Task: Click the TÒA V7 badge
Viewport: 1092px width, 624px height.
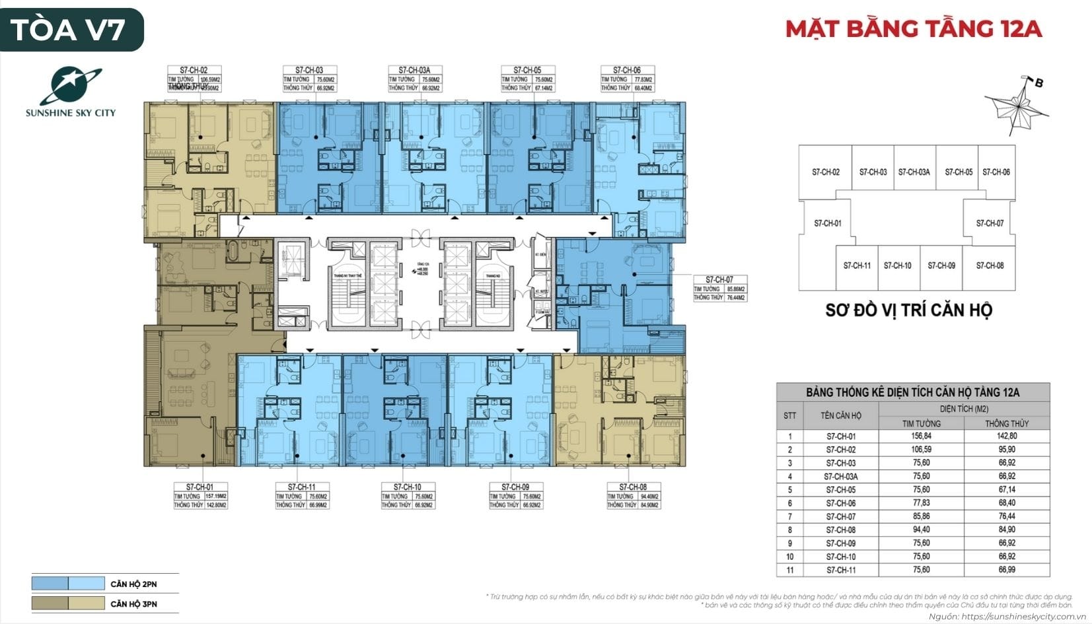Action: [x=71, y=30]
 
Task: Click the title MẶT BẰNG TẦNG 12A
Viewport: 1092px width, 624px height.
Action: [x=914, y=29]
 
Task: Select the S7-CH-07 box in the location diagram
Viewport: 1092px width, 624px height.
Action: [x=989, y=223]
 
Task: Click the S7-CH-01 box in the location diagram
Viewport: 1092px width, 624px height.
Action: [x=827, y=223]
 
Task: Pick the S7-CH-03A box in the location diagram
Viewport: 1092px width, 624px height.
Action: [x=914, y=172]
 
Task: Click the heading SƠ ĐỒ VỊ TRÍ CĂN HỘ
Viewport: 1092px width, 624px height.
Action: [x=908, y=310]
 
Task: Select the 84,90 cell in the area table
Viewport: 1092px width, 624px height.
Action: [x=1006, y=530]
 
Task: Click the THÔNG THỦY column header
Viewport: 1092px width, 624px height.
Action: [x=1006, y=423]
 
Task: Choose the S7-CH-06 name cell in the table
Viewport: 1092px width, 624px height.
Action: [x=840, y=503]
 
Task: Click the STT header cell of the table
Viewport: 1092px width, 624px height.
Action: [x=789, y=416]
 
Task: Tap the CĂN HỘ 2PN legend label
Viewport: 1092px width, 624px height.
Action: [x=133, y=584]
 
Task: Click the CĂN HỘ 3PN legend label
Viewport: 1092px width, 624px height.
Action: [x=133, y=604]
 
